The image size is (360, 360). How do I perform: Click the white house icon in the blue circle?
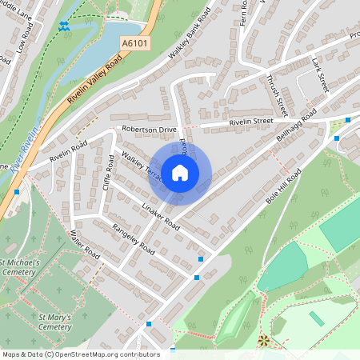point(180,171)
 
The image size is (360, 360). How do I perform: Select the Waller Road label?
point(82,245)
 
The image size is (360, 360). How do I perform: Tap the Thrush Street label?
point(277,90)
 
